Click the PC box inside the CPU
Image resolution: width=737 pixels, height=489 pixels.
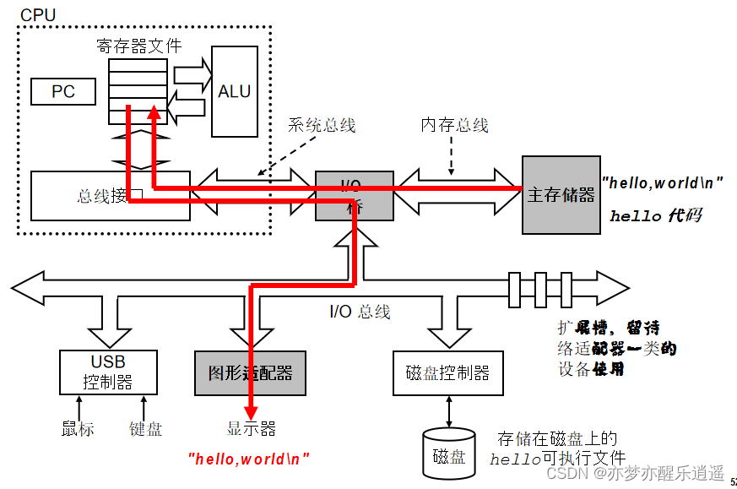pos(63,91)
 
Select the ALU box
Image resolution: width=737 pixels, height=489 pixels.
pos(234,91)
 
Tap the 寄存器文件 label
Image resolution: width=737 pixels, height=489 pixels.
pos(138,46)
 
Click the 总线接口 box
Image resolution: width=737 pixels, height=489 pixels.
pos(110,196)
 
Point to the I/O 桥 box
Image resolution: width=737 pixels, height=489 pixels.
pos(354,196)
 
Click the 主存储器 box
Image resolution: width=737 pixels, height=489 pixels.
pos(561,195)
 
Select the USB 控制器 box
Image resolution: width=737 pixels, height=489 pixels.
pos(107,372)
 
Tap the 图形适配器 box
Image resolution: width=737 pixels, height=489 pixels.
pos(250,373)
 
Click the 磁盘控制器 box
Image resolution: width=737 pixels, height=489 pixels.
pos(447,372)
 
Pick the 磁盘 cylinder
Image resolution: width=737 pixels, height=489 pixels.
pos(448,456)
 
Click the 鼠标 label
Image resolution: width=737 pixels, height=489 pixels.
pos(78,428)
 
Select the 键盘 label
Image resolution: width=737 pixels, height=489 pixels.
pos(145,428)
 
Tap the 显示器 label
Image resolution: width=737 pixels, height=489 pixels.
pos(251,428)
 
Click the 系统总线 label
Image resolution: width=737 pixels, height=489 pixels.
pos(322,125)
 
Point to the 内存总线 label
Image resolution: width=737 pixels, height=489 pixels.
pos(454,125)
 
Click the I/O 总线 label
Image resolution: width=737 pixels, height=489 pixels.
pos(360,312)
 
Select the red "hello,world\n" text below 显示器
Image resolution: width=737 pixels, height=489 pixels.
pos(248,459)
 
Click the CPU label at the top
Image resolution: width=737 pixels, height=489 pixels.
pos(40,15)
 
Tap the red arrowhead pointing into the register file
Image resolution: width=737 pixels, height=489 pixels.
pos(154,113)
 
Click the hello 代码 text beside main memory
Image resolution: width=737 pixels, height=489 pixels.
pos(655,216)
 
